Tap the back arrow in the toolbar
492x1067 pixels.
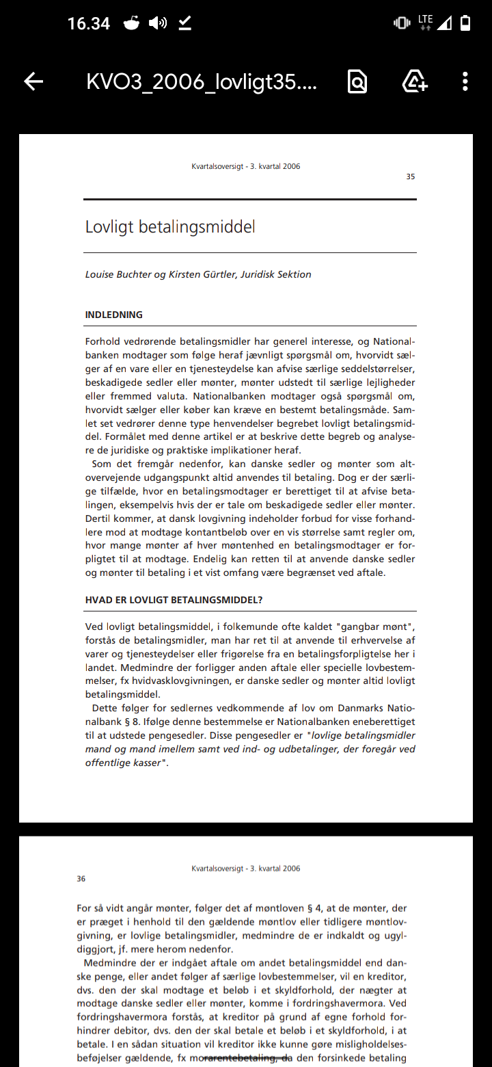tap(33, 82)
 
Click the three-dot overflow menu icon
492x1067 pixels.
tap(465, 82)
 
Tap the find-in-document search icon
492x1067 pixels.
tap(357, 82)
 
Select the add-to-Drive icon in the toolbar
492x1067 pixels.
tap(415, 82)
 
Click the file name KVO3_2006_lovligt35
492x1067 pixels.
tap(202, 82)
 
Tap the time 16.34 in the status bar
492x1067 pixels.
tap(89, 24)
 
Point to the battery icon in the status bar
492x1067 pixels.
tap(465, 24)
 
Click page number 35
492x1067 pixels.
tap(410, 177)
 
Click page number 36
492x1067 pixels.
tap(81, 879)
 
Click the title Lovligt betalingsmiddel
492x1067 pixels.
tap(170, 226)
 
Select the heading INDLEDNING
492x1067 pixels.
tap(113, 315)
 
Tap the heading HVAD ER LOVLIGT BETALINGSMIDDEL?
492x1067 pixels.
tap(174, 600)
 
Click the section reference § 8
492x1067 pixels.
tap(131, 722)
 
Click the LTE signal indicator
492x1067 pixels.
tap(425, 23)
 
